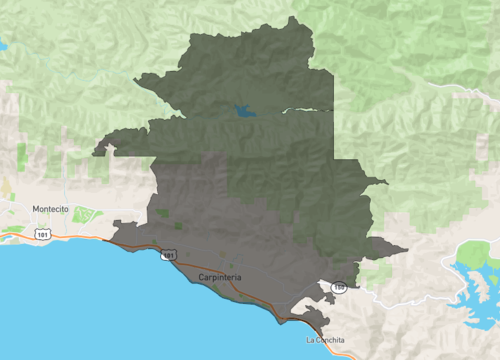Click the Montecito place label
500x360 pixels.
50,209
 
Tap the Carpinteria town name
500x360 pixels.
220,276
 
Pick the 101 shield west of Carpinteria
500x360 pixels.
168,256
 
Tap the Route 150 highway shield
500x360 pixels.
339,287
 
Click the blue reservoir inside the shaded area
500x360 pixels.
243,111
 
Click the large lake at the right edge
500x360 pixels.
470,275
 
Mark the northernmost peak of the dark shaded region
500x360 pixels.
290,19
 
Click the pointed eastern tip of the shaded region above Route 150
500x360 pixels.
405,249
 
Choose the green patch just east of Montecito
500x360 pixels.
85,214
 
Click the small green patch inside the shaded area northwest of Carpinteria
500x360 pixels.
163,212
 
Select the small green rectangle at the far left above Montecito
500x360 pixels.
22,155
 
